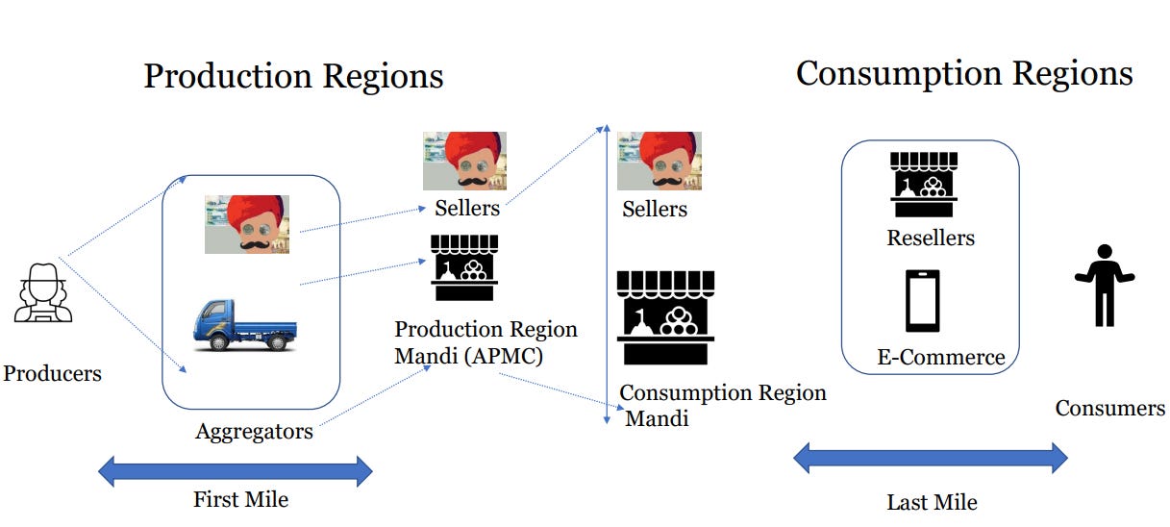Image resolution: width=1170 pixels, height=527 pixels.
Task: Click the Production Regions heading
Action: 293,76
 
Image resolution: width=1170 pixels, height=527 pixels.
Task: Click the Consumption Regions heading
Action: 964,73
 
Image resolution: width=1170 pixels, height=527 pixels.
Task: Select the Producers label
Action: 52,373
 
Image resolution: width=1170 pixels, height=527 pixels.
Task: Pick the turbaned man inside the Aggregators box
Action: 246,224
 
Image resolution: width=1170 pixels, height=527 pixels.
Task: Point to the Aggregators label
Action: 254,431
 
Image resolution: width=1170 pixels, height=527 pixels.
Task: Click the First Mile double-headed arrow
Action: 236,471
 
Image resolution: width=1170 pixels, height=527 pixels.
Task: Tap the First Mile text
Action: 240,499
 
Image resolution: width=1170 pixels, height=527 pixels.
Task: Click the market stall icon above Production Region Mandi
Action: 465,266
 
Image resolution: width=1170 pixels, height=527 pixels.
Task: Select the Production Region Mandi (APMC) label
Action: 485,342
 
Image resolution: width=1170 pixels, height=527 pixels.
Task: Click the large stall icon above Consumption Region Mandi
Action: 665,317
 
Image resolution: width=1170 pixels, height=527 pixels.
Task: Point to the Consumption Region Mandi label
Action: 722,405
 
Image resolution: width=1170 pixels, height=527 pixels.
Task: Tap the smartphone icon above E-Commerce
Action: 923,300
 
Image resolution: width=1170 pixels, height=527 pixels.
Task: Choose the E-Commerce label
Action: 941,358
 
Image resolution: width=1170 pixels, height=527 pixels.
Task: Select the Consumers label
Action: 1109,408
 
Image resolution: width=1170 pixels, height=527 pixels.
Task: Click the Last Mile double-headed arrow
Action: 930,459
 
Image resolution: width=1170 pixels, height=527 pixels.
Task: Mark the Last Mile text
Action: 932,501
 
